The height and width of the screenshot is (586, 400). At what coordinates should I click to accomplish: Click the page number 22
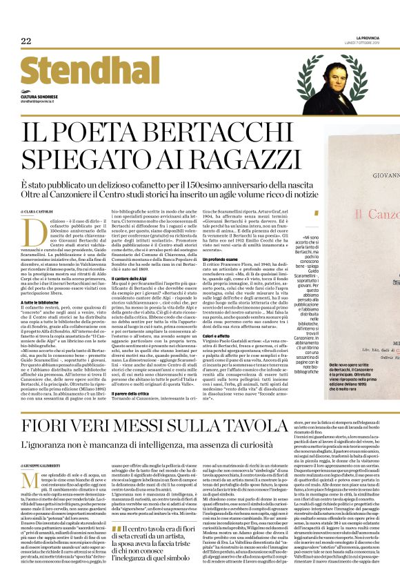coord(26,41)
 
